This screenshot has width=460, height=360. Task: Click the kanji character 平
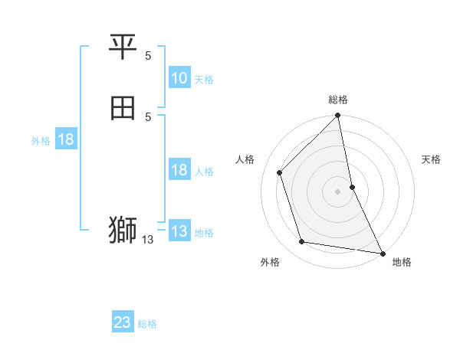tap(123, 48)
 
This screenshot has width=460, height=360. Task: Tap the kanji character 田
tap(123, 109)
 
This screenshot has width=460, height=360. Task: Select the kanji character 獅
tap(123, 230)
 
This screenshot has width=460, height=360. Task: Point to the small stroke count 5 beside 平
tap(148, 55)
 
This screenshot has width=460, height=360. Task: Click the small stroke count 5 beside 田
tap(148, 116)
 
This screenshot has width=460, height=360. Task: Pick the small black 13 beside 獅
tap(147, 240)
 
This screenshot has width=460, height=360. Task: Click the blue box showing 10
tap(179, 78)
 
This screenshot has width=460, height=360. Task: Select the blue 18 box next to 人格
tap(179, 170)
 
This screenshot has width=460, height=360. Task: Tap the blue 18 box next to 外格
tap(66, 139)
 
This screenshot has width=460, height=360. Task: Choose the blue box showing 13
tap(179, 231)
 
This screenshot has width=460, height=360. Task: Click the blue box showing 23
tap(123, 322)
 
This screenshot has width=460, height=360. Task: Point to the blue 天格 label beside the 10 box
tap(204, 80)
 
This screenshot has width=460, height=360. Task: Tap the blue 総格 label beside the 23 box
tap(147, 324)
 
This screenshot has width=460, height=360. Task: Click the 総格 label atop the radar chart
tap(338, 100)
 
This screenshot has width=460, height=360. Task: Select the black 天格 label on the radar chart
tap(431, 159)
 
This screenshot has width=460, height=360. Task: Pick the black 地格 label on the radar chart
tap(402, 262)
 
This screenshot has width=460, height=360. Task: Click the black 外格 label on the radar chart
tap(270, 262)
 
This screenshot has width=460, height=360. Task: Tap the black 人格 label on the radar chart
tap(245, 159)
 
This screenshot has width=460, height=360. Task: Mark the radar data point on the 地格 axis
tap(383, 253)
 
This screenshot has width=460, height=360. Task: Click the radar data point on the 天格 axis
tap(352, 187)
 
